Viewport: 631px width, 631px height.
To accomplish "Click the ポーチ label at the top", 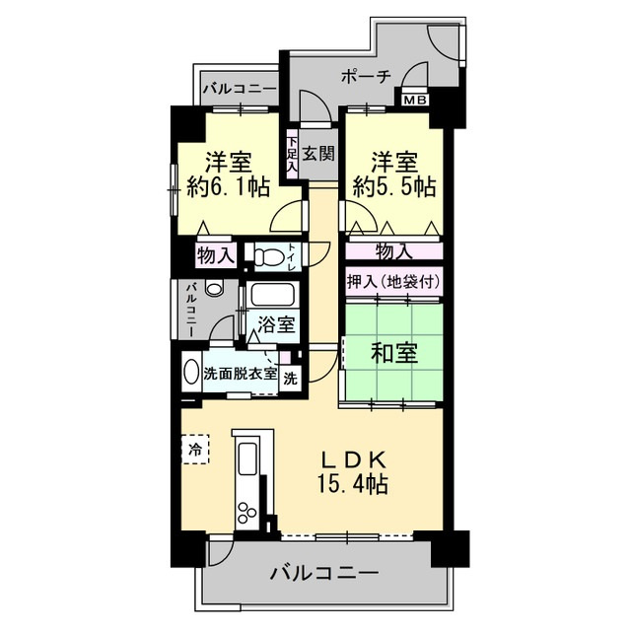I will [367, 75].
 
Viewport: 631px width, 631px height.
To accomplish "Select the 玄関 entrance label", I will [317, 153].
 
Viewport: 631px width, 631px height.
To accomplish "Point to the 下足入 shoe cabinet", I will [292, 154].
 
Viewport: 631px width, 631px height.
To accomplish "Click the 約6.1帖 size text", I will [229, 186].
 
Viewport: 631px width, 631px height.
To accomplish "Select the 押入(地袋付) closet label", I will [392, 283].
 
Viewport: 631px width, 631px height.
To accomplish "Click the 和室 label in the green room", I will [391, 351].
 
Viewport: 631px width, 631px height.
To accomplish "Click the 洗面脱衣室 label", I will [240, 374].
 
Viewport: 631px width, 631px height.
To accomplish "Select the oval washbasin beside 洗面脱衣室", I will [191, 374].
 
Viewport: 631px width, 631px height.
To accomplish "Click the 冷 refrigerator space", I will [194, 449].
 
